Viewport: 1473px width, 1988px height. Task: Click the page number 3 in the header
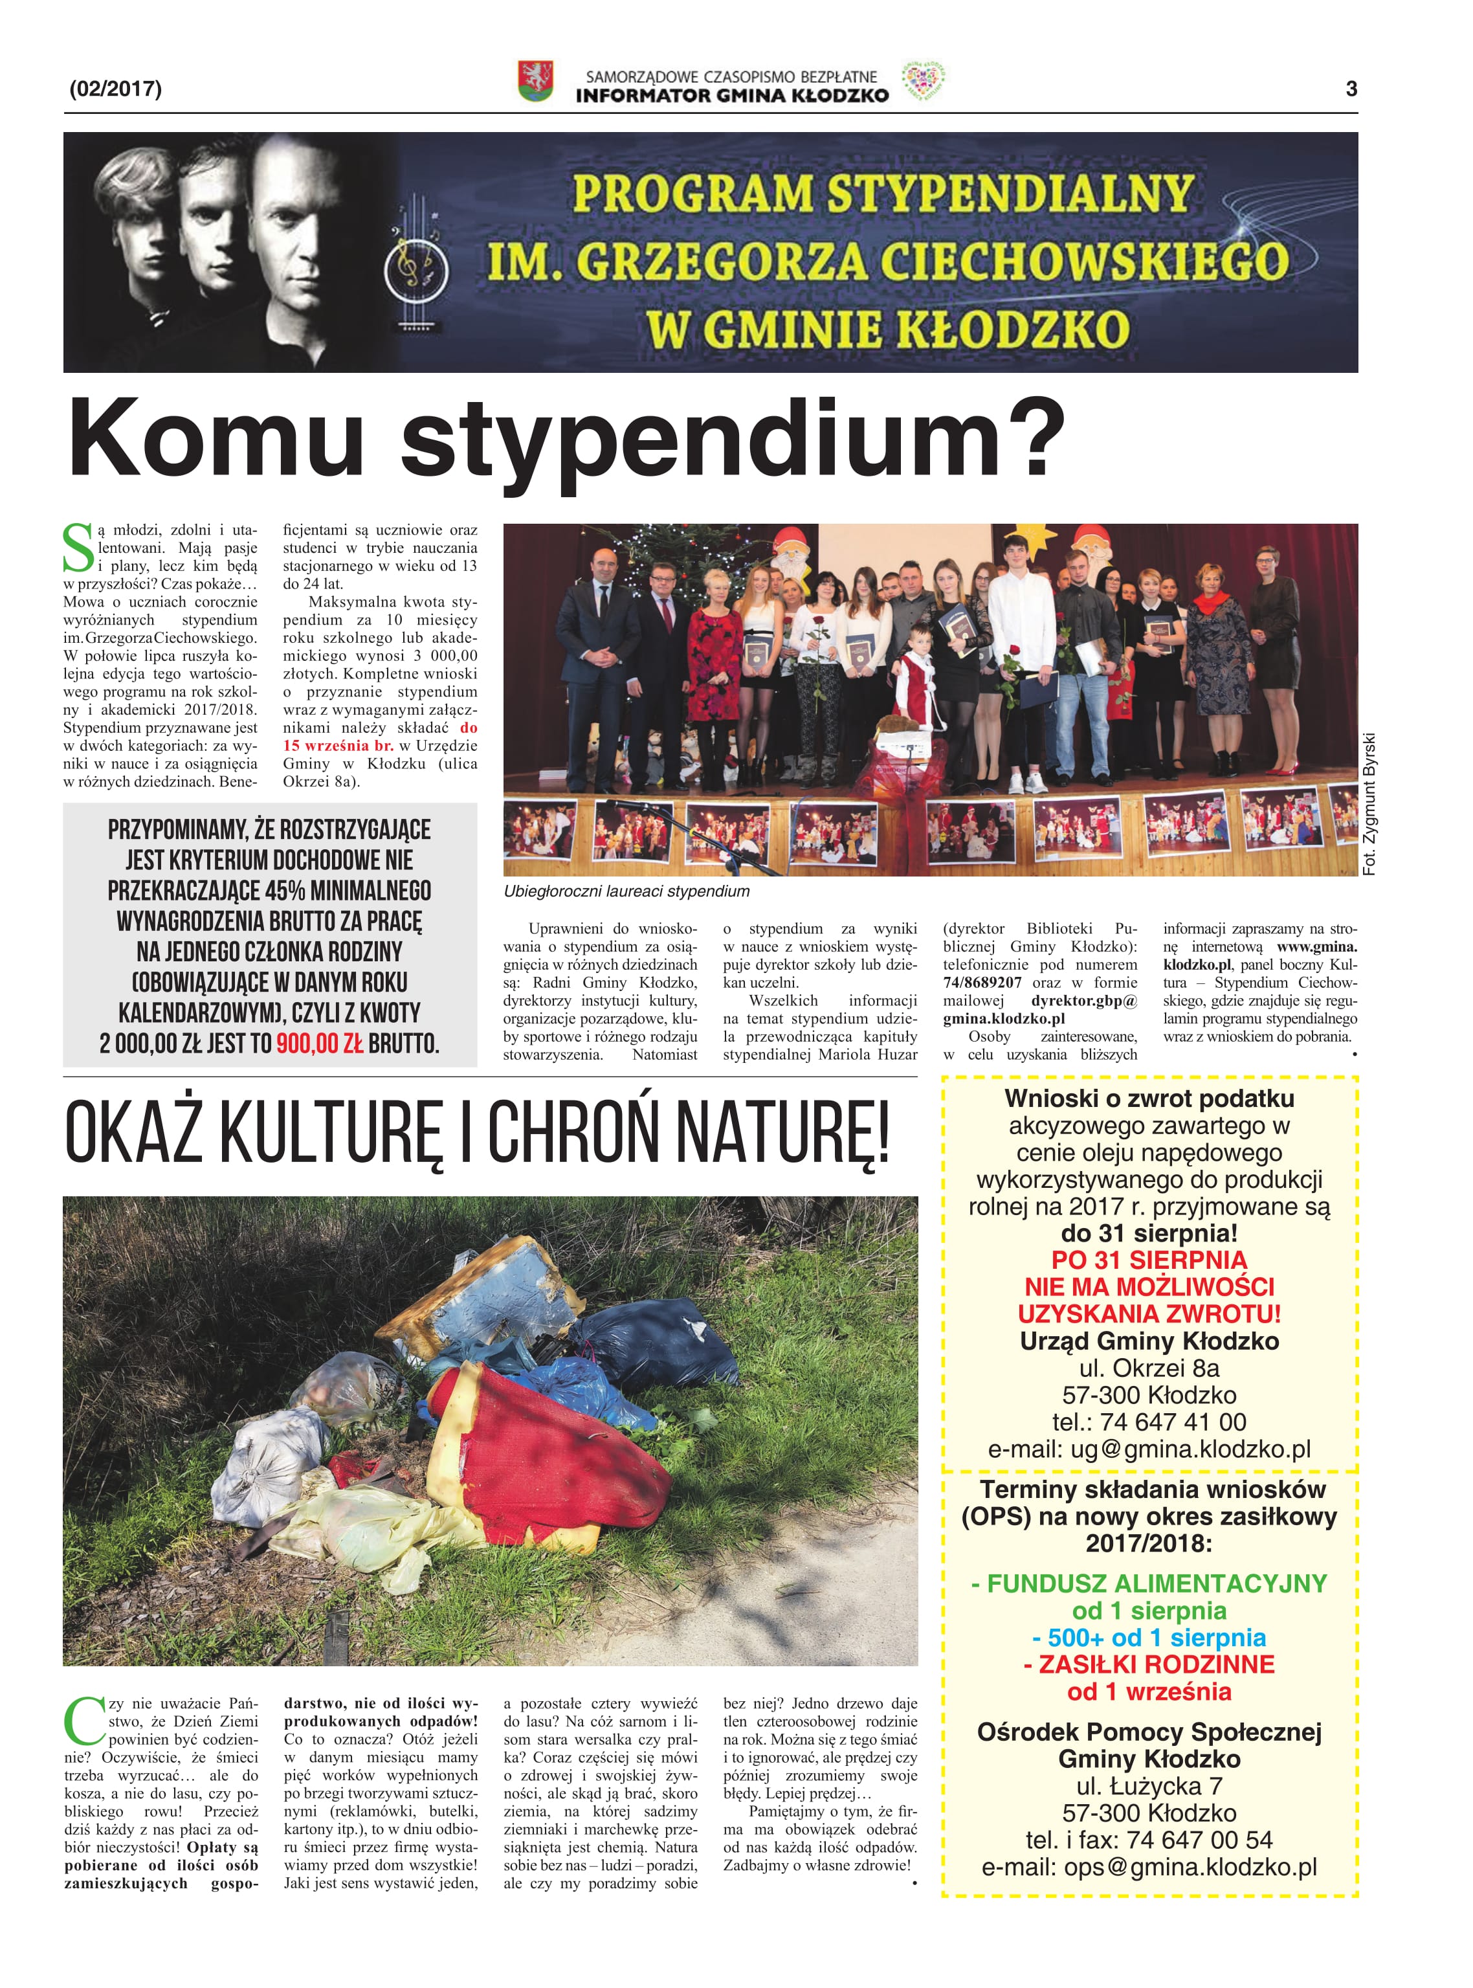tap(1351, 88)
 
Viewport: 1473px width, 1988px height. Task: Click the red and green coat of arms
tap(535, 81)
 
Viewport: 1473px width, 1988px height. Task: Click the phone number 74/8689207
tap(982, 982)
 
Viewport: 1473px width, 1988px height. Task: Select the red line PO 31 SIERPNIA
tap(1149, 1260)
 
